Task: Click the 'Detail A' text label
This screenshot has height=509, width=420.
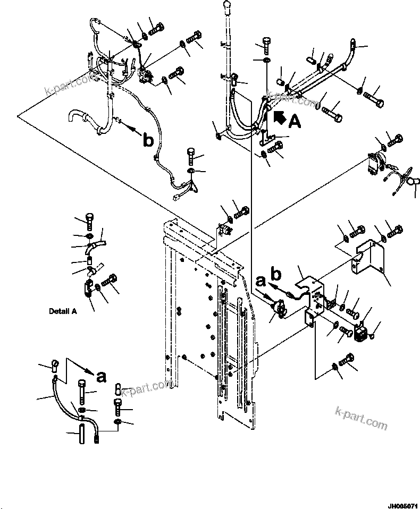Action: (x=63, y=311)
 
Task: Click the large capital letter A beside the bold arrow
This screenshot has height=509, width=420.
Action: (x=295, y=122)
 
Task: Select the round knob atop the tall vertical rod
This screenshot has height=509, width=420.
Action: (x=228, y=7)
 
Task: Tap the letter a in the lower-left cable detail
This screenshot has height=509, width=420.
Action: (x=100, y=376)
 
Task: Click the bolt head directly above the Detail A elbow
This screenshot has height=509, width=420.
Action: (x=89, y=219)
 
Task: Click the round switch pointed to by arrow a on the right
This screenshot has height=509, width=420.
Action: (x=278, y=308)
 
